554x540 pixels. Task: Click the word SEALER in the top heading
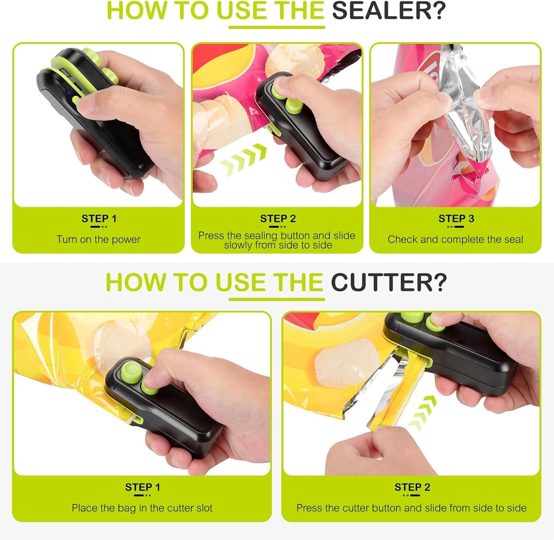click(x=389, y=11)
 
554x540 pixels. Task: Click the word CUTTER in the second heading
click(x=389, y=282)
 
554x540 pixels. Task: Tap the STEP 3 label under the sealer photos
click(x=456, y=219)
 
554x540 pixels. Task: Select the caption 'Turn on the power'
click(x=99, y=239)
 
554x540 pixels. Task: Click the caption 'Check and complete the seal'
click(x=455, y=239)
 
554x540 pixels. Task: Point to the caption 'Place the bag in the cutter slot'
click(x=142, y=508)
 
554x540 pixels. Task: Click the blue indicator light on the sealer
click(x=68, y=92)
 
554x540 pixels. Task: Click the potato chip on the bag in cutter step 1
click(x=122, y=346)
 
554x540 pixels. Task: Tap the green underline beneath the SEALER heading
click(x=277, y=27)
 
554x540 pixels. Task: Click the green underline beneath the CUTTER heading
click(x=277, y=299)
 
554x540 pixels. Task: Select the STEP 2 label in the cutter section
click(x=412, y=487)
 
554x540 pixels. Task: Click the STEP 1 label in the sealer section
click(x=99, y=219)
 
